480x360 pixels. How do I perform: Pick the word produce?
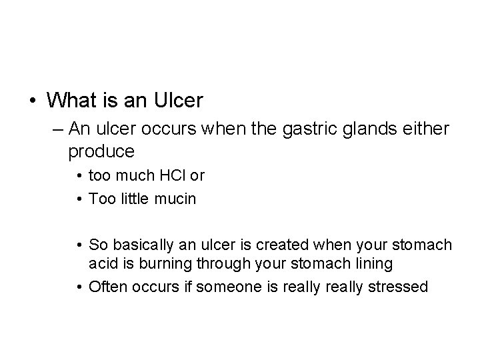101,151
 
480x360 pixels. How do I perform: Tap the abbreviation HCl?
167,177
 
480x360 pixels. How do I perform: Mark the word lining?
372,265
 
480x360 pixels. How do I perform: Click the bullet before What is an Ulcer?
33,101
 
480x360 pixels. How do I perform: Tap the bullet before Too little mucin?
79,199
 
